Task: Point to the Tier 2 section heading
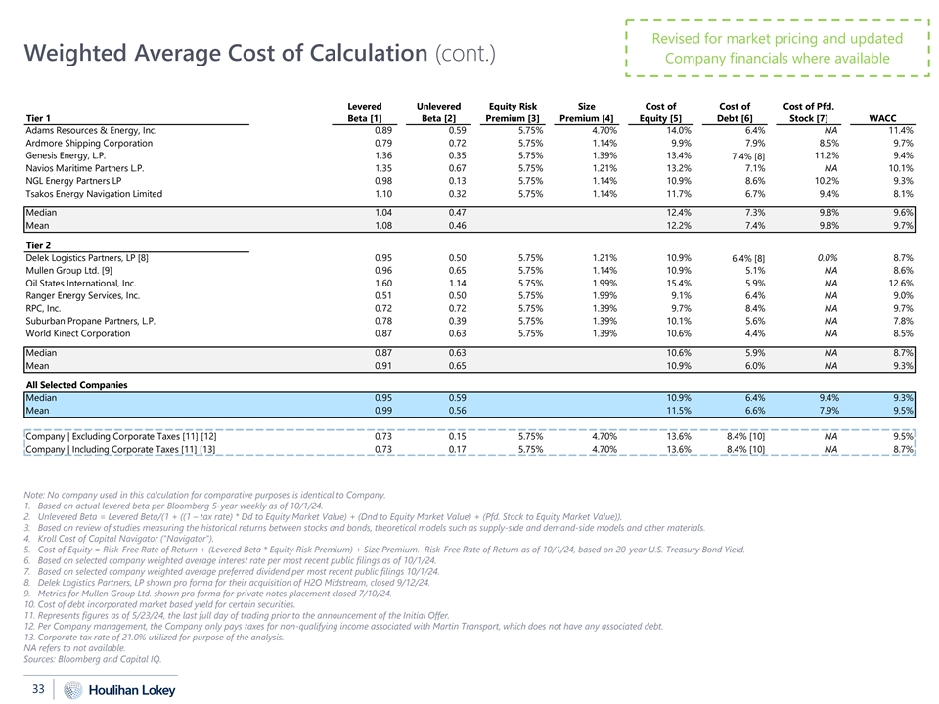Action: pyautogui.click(x=40, y=244)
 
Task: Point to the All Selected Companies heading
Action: pyautogui.click(x=76, y=385)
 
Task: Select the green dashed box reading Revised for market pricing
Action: pyautogui.click(x=778, y=48)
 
